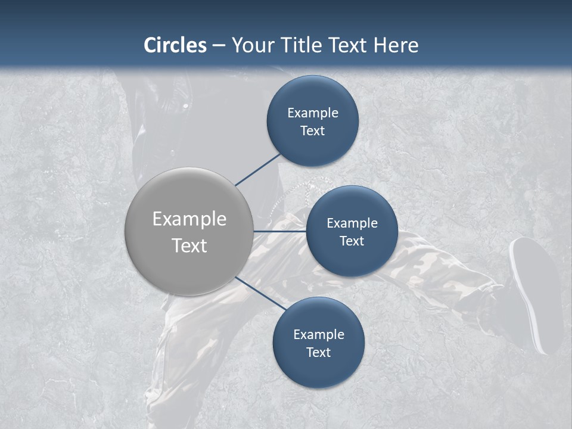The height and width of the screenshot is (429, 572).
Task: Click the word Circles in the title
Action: pos(175,45)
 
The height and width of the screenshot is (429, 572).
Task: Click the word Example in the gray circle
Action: pos(189,219)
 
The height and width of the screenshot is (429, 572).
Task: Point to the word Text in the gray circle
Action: pos(189,245)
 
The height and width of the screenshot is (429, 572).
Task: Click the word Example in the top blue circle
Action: pos(313,113)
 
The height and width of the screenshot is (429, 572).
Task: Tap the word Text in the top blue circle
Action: pos(312,131)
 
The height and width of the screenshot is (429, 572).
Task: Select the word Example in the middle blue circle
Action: pos(352,223)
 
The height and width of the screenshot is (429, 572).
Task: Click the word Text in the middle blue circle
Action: pos(352,241)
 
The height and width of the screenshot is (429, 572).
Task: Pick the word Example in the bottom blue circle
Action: pos(319,335)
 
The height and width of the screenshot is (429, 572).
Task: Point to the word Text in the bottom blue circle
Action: pos(318,353)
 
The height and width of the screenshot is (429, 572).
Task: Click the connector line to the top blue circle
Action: pos(258,169)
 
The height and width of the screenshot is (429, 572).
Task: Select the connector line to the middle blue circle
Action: pos(280,231)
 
